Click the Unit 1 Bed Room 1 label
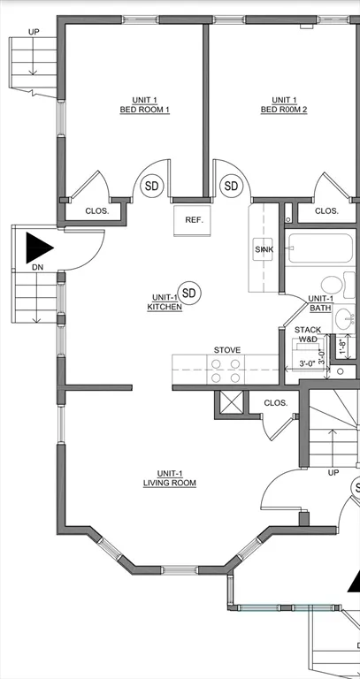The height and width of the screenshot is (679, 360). tap(145, 105)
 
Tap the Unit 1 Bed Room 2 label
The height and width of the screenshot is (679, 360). tap(284, 105)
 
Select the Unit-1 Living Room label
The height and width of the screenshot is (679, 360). tap(170, 478)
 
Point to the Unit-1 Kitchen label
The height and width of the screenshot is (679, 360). tap(165, 301)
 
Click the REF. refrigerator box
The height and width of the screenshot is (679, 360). tap(192, 220)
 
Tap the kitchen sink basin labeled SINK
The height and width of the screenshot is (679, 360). tap(263, 249)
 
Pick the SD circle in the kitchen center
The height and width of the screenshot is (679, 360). tap(189, 294)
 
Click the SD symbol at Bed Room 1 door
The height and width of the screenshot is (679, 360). tap(152, 186)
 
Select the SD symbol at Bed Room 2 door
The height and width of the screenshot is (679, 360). tap(231, 186)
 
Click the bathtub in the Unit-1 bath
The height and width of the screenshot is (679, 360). tap(320, 248)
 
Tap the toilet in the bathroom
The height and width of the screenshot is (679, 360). tap(333, 286)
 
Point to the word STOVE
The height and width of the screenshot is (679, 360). tap(227, 350)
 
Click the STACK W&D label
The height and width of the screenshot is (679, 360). tap(308, 334)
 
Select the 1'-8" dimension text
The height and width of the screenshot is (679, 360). tap(342, 347)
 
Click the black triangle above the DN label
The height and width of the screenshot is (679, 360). tap(38, 248)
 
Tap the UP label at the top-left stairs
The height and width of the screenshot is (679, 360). tap(34, 32)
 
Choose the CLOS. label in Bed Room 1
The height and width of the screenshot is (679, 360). tap(97, 211)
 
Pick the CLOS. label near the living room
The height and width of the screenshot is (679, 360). tap(275, 403)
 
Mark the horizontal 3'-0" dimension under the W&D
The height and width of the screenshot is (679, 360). tap(307, 364)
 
